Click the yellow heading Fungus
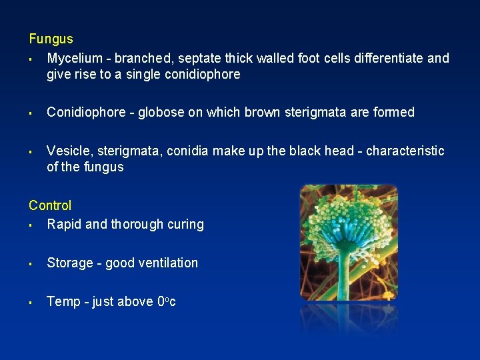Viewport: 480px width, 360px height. pos(51,39)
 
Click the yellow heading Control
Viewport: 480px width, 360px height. pos(50,205)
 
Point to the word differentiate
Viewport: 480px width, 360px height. pos(388,58)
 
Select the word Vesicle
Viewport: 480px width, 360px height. pos(67,151)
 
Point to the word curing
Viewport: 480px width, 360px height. pos(187,225)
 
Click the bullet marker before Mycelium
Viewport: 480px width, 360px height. pos(31,59)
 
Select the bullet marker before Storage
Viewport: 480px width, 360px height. pos(31,263)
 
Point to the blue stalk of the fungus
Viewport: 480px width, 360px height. pos(347,267)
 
